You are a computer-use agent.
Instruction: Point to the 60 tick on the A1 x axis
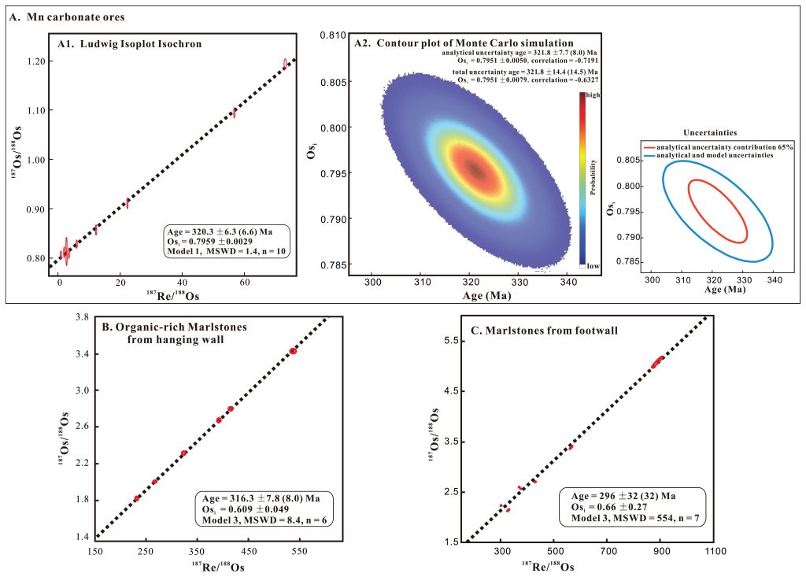pos(245,282)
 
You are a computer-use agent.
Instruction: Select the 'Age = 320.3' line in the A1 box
pos(224,231)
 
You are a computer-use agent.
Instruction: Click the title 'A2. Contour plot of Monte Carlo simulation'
pos(464,43)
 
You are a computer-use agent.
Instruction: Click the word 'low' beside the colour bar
pos(593,266)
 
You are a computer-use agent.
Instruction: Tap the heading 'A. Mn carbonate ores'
pos(68,17)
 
